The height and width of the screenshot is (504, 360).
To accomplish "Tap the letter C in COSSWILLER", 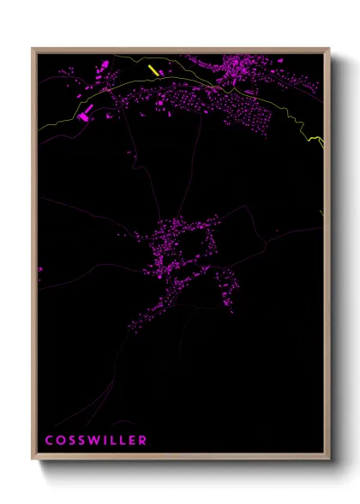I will (49, 440).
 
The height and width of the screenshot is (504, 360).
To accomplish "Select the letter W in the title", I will (88, 440).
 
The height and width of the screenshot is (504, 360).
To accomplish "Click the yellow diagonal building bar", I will (153, 70).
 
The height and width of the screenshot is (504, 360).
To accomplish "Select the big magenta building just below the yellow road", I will (84, 112).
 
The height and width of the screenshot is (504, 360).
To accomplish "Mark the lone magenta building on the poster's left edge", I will (39, 269).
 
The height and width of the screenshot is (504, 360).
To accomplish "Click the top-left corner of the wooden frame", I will (33, 49).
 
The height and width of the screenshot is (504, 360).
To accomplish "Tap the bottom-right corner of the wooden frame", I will (328, 459).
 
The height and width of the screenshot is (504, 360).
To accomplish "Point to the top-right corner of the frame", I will (328, 49).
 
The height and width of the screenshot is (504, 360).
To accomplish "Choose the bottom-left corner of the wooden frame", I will (33, 459).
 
